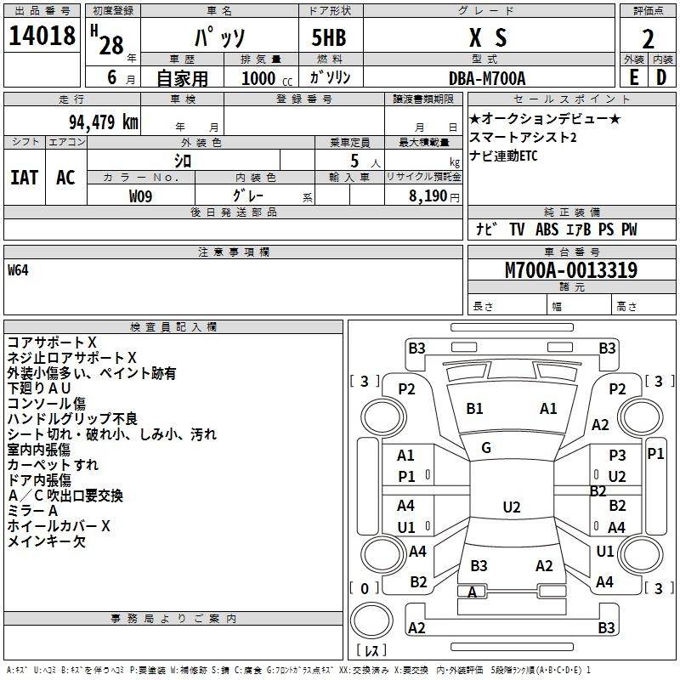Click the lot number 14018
pos(42,36)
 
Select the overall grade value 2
pos(648,39)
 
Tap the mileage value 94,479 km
pos(104,122)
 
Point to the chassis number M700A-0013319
pos(571,270)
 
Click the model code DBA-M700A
pos(487,78)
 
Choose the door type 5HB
pos(329,37)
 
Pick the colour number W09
pos(140,196)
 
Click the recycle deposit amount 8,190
pos(428,196)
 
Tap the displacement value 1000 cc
pos(267,78)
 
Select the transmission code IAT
pos(25,178)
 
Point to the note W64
pos(18,270)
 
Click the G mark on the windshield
pos(486,448)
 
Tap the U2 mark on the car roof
pos(512,507)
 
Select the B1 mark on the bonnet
pos(474,409)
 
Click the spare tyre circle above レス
pos(371,620)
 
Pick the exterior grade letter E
pos(633,77)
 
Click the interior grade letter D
pos(661,77)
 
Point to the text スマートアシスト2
pos(523,138)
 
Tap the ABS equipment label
pos(547,229)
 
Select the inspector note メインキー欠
pos(47,541)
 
